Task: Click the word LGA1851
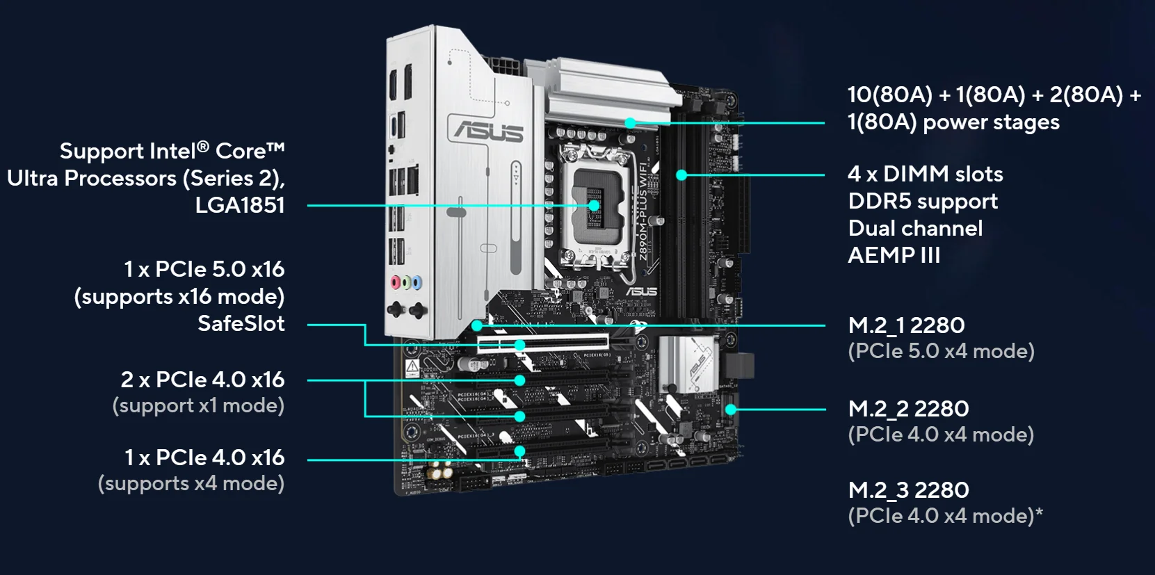pyautogui.click(x=240, y=205)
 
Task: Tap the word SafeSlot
pyautogui.click(x=241, y=323)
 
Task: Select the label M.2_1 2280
pyautogui.click(x=906, y=325)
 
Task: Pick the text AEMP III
pyautogui.click(x=894, y=255)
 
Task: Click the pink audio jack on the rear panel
pyautogui.click(x=396, y=282)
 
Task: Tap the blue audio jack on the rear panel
pyautogui.click(x=417, y=282)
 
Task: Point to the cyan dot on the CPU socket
pyautogui.click(x=594, y=206)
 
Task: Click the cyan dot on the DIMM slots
pyautogui.click(x=681, y=175)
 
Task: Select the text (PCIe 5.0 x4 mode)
pyautogui.click(x=941, y=351)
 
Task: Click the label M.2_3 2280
pyautogui.click(x=908, y=490)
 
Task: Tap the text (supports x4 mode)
pyautogui.click(x=191, y=483)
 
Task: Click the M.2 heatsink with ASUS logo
pyautogui.click(x=688, y=362)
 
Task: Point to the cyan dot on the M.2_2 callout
pyautogui.click(x=731, y=410)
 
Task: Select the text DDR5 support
pyautogui.click(x=923, y=202)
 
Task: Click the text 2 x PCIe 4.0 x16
pyautogui.click(x=202, y=380)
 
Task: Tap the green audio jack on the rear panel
pyautogui.click(x=406, y=282)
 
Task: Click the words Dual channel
pyautogui.click(x=915, y=228)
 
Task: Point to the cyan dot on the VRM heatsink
pyautogui.click(x=630, y=123)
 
